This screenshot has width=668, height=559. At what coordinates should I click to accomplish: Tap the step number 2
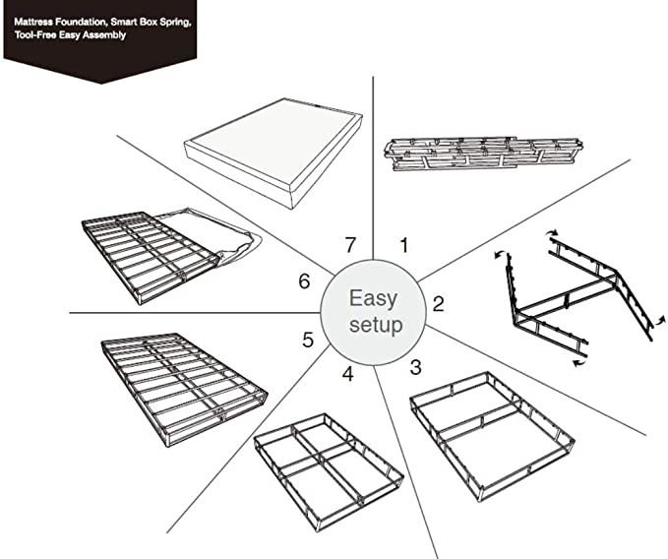(x=438, y=303)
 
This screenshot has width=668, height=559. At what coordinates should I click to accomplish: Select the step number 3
(x=415, y=368)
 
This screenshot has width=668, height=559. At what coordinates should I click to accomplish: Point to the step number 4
(x=347, y=374)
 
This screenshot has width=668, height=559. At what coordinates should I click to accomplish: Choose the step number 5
(x=308, y=340)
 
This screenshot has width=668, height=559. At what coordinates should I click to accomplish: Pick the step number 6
(x=304, y=281)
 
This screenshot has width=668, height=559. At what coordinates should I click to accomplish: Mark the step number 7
(x=349, y=243)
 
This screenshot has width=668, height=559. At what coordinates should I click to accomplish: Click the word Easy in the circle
(x=373, y=298)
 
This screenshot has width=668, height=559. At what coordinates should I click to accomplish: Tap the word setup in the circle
(x=375, y=325)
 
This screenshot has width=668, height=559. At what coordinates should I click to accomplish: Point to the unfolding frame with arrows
(x=576, y=295)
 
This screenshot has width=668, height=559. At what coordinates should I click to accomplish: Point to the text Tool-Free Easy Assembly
(x=70, y=34)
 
